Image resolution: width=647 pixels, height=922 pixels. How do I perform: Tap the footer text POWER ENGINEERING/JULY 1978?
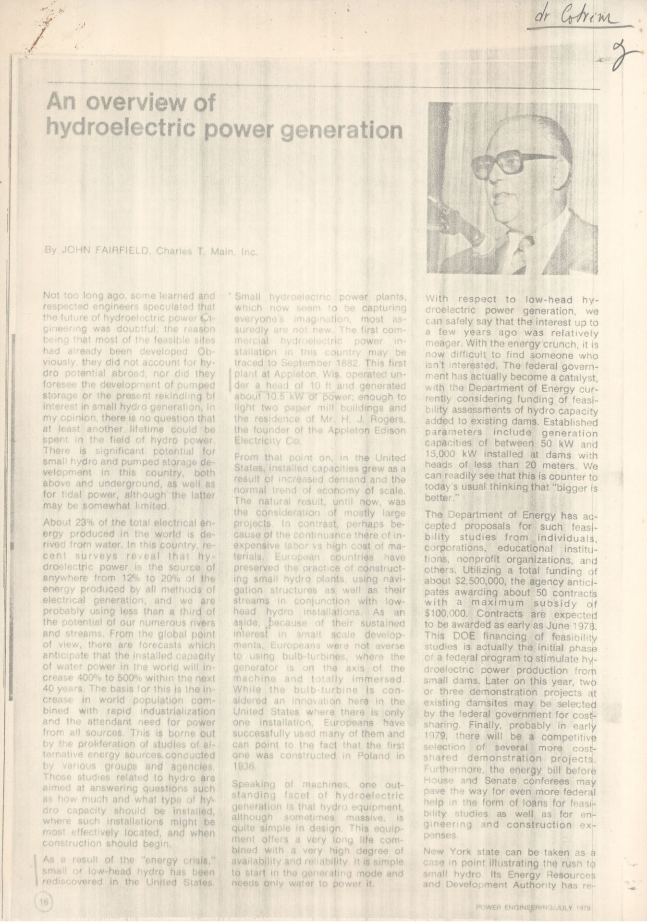533,908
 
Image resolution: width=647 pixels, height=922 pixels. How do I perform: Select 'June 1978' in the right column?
573,627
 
